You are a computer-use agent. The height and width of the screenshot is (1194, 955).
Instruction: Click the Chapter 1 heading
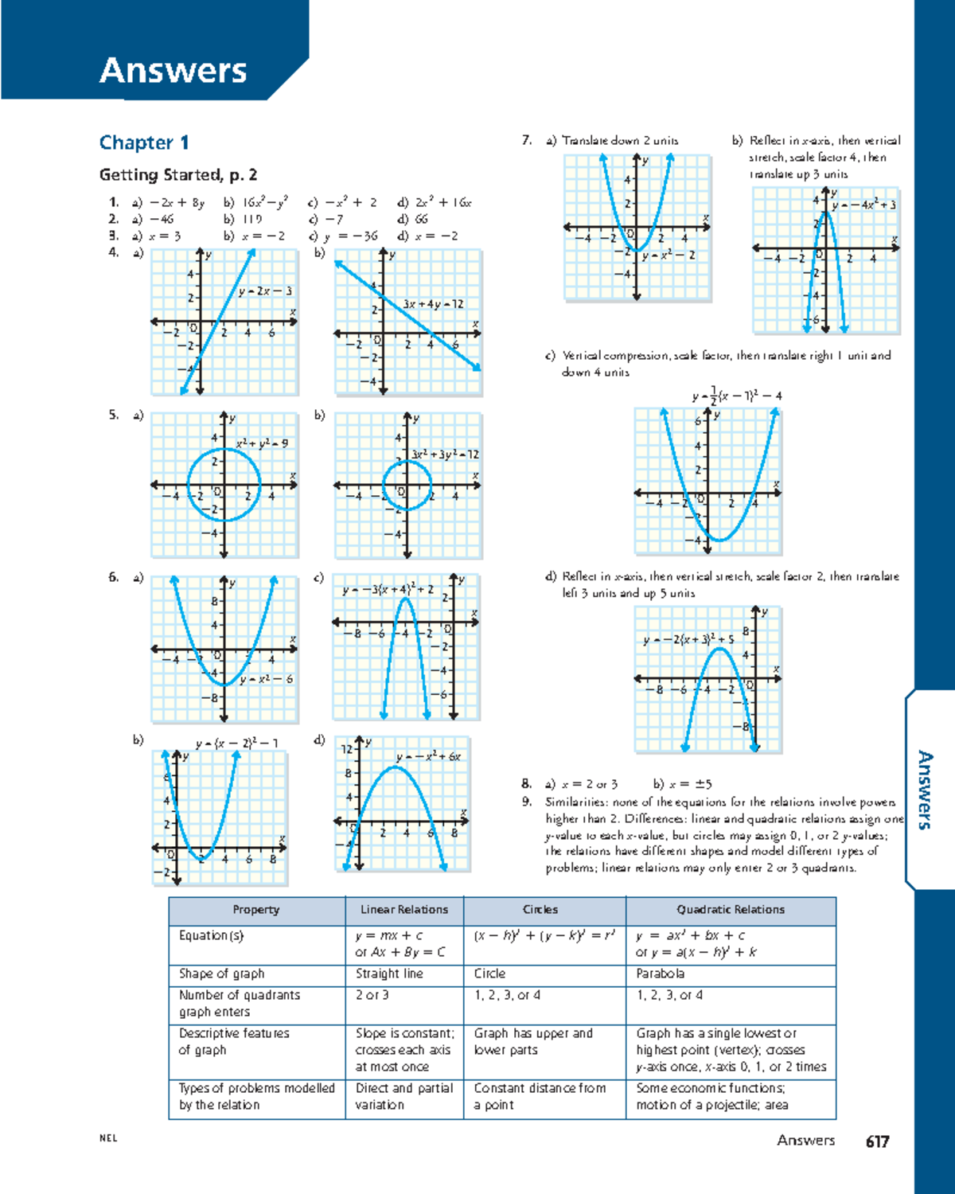coord(144,142)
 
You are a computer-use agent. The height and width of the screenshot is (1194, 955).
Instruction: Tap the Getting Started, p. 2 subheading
coord(177,174)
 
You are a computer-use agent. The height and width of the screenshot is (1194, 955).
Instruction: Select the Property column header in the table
coord(255,910)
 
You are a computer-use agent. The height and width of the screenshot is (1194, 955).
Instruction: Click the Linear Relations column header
coord(404,910)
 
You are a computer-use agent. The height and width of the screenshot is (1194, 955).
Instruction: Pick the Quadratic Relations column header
coord(731,910)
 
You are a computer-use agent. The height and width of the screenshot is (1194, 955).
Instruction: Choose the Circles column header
coord(540,910)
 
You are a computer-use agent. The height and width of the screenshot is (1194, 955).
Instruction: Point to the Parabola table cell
coord(660,974)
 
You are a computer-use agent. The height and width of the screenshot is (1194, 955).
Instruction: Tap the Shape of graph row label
coord(221,974)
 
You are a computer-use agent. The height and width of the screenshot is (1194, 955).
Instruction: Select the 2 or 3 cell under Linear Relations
coord(372,995)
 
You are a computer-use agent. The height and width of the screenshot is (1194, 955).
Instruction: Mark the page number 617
coord(877,1141)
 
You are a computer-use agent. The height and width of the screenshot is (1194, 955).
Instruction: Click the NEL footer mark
coord(108,1138)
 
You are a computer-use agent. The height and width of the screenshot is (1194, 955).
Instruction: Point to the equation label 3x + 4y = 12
coord(433,304)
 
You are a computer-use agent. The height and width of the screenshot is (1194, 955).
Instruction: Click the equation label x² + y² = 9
coord(262,443)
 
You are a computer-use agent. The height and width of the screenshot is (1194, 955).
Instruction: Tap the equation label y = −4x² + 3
coord(864,205)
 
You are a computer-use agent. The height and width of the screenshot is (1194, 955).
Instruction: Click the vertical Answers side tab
coord(924,790)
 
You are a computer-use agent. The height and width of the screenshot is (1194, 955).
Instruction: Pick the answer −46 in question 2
coord(161,219)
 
